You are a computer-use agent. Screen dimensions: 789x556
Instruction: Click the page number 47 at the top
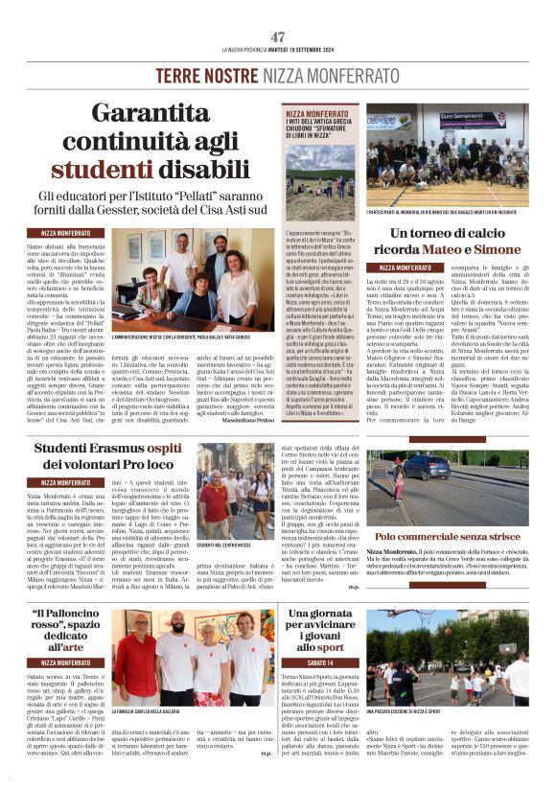pos(278,35)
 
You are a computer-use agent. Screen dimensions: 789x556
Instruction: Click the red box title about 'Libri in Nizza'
pos(320,127)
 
